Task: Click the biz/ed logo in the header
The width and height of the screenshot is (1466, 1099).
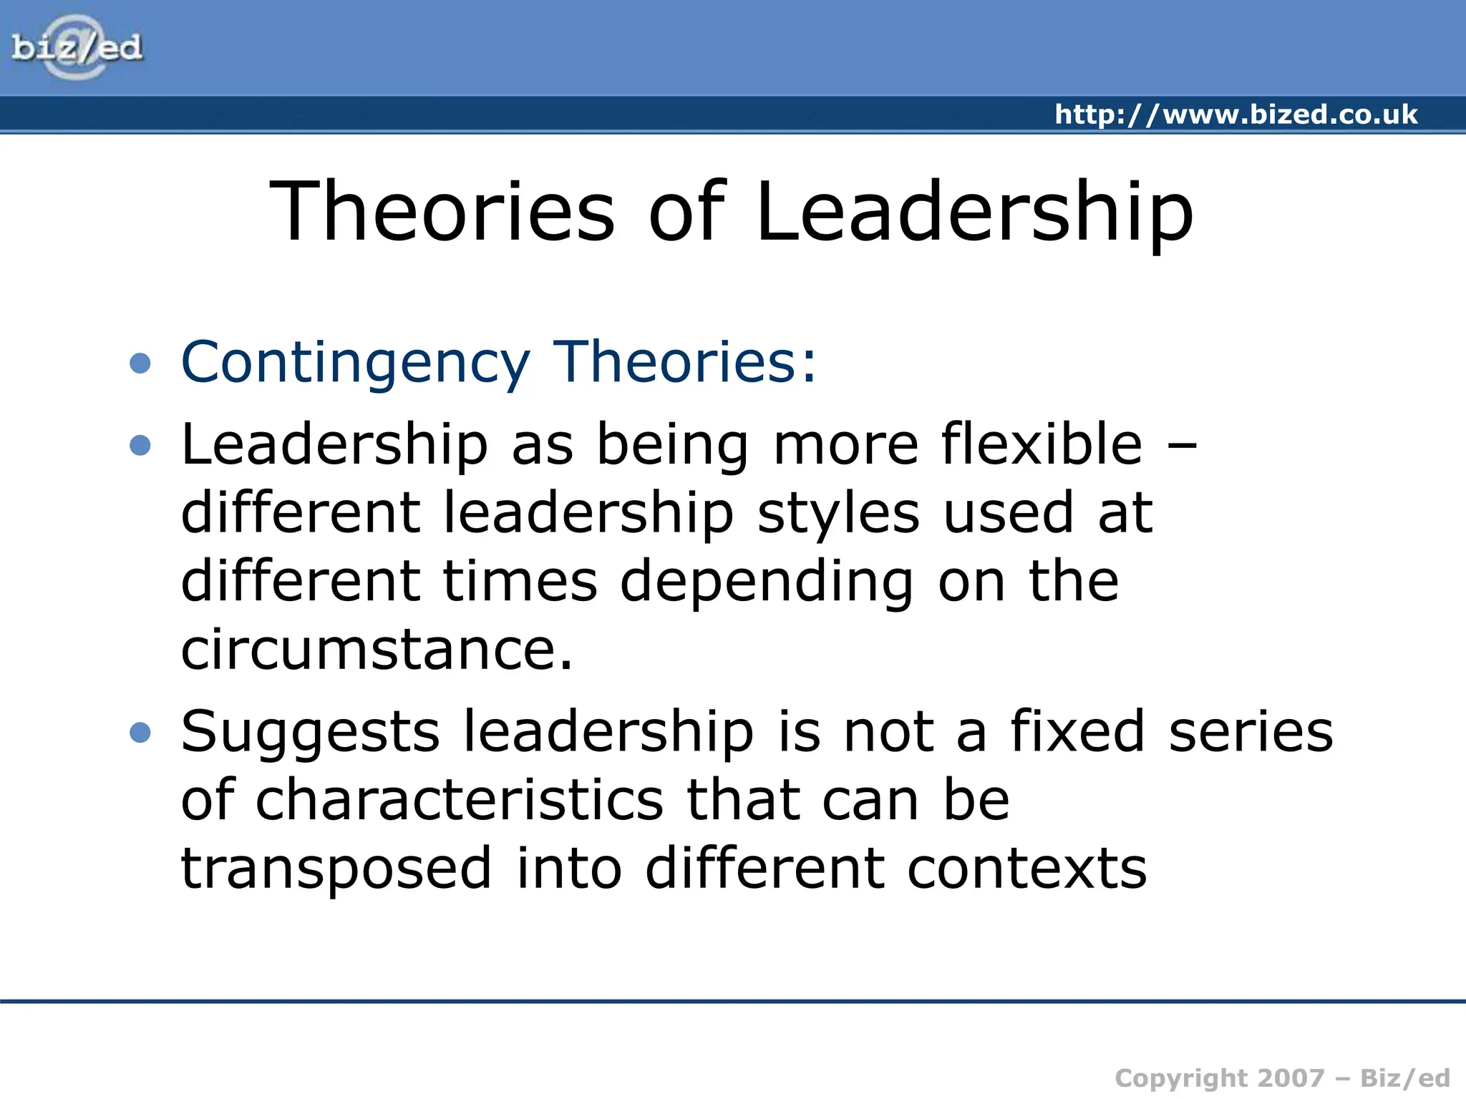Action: click(x=77, y=47)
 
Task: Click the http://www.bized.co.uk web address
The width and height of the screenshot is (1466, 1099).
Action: click(x=1236, y=114)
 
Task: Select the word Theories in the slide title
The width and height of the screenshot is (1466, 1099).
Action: click(x=442, y=211)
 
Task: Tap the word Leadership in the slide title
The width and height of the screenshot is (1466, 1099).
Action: click(x=974, y=211)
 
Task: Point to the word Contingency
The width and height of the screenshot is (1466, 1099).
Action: click(x=356, y=363)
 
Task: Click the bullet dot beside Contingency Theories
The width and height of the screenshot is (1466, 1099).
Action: click(x=140, y=363)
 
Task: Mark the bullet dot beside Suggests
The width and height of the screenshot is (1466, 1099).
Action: click(x=140, y=733)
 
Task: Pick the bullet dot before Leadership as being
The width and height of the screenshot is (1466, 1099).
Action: click(x=140, y=446)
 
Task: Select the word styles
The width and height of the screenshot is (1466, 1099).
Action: click(x=838, y=514)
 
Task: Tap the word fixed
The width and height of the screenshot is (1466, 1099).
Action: click(x=1077, y=731)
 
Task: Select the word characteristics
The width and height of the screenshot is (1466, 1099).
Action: click(x=460, y=801)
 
